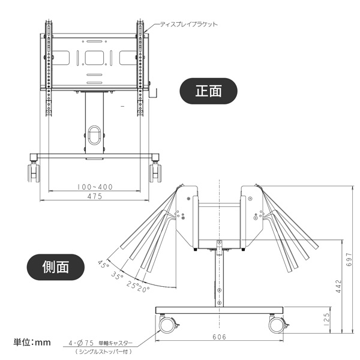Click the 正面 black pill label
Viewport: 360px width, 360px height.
coord(208,91)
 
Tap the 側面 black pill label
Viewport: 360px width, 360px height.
coord(56,267)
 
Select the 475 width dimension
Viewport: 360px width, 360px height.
coord(95,196)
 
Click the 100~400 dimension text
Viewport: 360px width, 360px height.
coord(95,187)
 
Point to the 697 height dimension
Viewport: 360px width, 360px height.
coord(349,259)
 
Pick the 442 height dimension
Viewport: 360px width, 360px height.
coord(338,286)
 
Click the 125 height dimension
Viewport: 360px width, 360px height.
coord(326,319)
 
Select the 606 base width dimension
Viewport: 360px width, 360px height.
coord(219,337)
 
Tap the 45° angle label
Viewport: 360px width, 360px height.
coord(104,264)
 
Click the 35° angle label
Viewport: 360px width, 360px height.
coord(118,275)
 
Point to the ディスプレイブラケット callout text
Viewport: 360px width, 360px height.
coord(189,25)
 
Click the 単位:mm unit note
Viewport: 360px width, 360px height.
coord(32,343)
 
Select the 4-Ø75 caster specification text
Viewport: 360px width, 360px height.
coord(101,343)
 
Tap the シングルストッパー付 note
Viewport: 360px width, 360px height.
coord(104,351)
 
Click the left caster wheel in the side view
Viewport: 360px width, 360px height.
coord(167,325)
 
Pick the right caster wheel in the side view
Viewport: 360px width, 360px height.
coord(277,325)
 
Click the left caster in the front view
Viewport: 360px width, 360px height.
coord(34,172)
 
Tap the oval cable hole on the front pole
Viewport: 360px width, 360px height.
coord(95,135)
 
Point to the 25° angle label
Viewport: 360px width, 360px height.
coord(131,284)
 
